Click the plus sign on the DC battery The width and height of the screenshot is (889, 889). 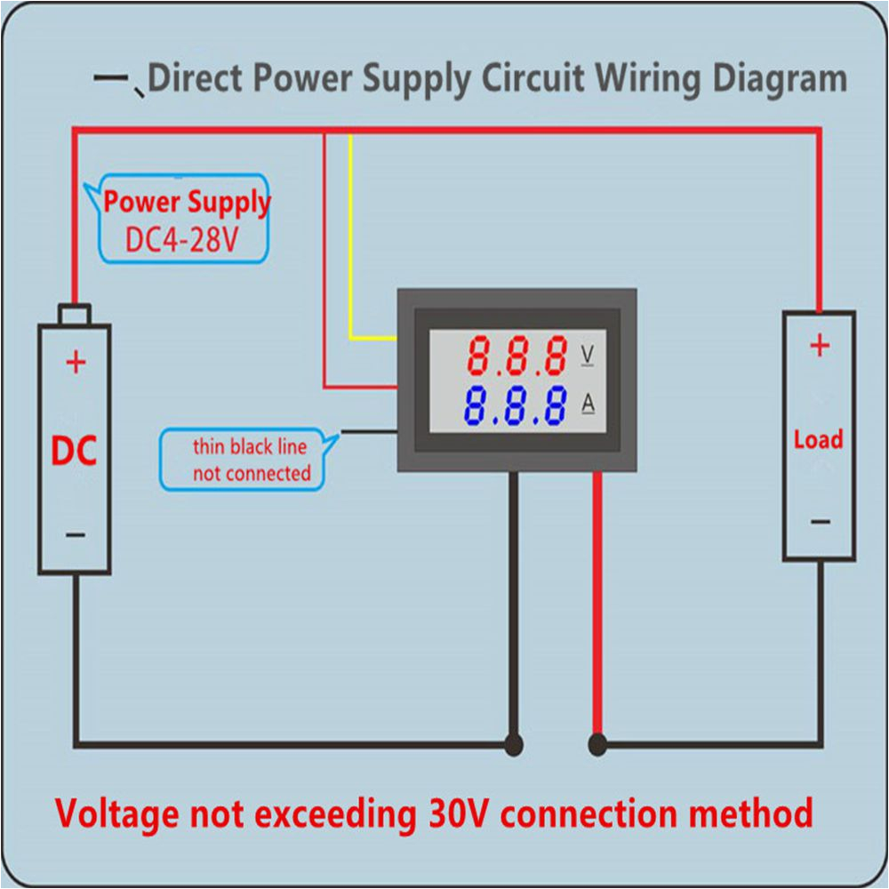pyautogui.click(x=76, y=362)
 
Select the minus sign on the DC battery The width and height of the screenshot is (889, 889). pyautogui.click(x=76, y=535)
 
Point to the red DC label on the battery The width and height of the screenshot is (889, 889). pyautogui.click(x=74, y=452)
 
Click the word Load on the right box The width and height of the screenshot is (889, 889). pyautogui.click(x=818, y=439)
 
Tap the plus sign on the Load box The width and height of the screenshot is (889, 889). pyautogui.click(x=819, y=345)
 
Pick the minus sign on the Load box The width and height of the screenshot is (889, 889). pyautogui.click(x=820, y=522)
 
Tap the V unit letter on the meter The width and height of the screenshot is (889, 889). pyautogui.click(x=588, y=355)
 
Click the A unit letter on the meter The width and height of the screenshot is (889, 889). pyautogui.click(x=588, y=404)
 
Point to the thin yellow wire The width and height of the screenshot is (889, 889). pyautogui.click(x=351, y=240)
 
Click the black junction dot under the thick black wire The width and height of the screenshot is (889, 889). pyautogui.click(x=513, y=743)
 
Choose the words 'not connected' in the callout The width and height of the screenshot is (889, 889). pyautogui.click(x=252, y=473)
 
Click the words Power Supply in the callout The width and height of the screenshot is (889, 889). pyautogui.click(x=187, y=202)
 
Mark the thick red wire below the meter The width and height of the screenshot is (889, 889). pyautogui.click(x=597, y=605)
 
